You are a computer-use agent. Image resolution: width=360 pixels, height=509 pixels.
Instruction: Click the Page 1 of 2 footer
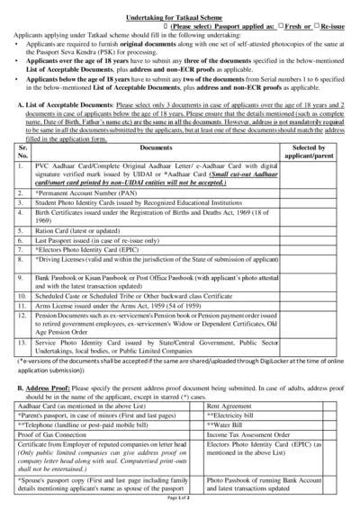point(179,504)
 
